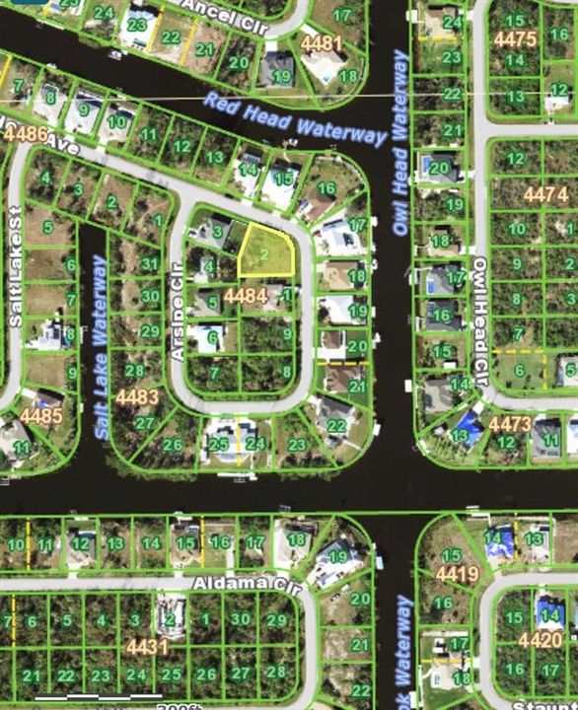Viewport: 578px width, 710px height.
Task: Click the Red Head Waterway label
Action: click(x=295, y=119)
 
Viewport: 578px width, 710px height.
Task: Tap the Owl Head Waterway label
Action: click(x=400, y=143)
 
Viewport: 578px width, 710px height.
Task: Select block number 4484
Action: click(x=246, y=295)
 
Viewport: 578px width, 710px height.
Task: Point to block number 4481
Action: click(x=321, y=43)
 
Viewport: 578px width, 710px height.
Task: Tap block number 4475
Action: click(x=515, y=38)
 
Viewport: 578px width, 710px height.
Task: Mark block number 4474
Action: click(x=545, y=194)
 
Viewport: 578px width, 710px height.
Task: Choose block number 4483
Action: click(x=136, y=396)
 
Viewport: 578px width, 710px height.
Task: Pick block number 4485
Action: click(x=41, y=415)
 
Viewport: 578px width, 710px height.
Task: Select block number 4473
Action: click(x=510, y=423)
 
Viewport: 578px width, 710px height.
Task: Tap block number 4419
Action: click(x=457, y=574)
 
